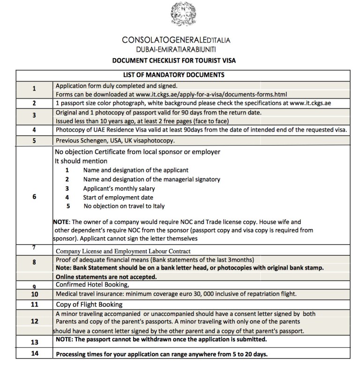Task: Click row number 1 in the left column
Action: [x=34, y=89]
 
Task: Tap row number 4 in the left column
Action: [x=34, y=130]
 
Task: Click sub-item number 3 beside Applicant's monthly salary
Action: [x=67, y=188]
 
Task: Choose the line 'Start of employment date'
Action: [x=118, y=197]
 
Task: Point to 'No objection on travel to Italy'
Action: [x=124, y=206]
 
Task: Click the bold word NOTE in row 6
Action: [x=62, y=222]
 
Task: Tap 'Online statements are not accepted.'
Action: [x=106, y=276]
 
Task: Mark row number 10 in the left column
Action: [x=34, y=294]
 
